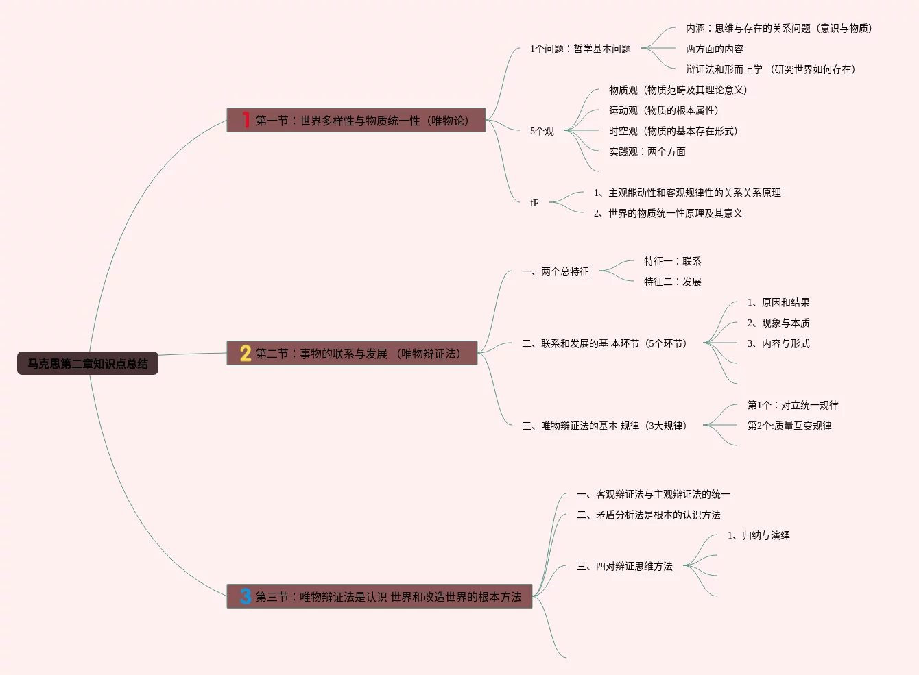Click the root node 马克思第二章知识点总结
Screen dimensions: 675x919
coord(88,363)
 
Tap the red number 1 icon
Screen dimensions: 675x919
coord(246,120)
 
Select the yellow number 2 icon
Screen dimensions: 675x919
coord(246,353)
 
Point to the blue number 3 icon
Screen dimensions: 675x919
coord(246,596)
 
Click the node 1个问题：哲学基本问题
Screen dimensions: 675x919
coord(580,49)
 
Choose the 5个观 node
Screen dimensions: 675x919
coord(542,131)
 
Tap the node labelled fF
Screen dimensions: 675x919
coord(534,203)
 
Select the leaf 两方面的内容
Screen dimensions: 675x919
coord(714,49)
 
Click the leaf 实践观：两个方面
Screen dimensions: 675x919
coord(647,151)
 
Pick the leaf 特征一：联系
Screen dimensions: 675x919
coord(672,261)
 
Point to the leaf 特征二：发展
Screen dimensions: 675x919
coord(672,282)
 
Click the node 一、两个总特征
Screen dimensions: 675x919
coord(556,271)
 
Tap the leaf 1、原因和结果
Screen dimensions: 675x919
coord(778,302)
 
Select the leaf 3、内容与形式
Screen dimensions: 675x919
coord(778,343)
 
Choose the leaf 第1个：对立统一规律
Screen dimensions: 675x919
coord(793,405)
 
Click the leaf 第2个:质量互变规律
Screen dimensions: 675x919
coord(789,426)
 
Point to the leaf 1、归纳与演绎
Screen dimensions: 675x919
coord(759,535)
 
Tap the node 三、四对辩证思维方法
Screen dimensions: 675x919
coord(625,566)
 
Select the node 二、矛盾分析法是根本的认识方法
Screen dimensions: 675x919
coord(649,515)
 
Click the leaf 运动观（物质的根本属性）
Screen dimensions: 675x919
coord(663,110)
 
